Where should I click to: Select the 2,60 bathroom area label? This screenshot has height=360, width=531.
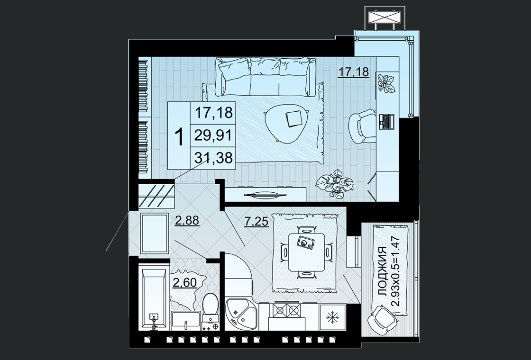[x=185, y=282]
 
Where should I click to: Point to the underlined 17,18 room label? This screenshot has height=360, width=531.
[x=354, y=72]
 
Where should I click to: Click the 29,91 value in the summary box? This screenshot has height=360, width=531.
[x=213, y=135]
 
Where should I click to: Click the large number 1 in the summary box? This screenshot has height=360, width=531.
[x=179, y=136]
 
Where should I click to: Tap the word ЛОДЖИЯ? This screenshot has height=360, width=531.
[x=382, y=272]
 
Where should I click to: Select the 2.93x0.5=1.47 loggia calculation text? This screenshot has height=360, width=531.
[x=395, y=271]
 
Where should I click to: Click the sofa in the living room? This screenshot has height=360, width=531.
[x=266, y=78]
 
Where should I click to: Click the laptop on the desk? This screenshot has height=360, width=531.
[x=386, y=121]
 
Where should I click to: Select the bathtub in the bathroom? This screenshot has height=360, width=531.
[x=155, y=299]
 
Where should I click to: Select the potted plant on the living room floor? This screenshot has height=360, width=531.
[x=334, y=184]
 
